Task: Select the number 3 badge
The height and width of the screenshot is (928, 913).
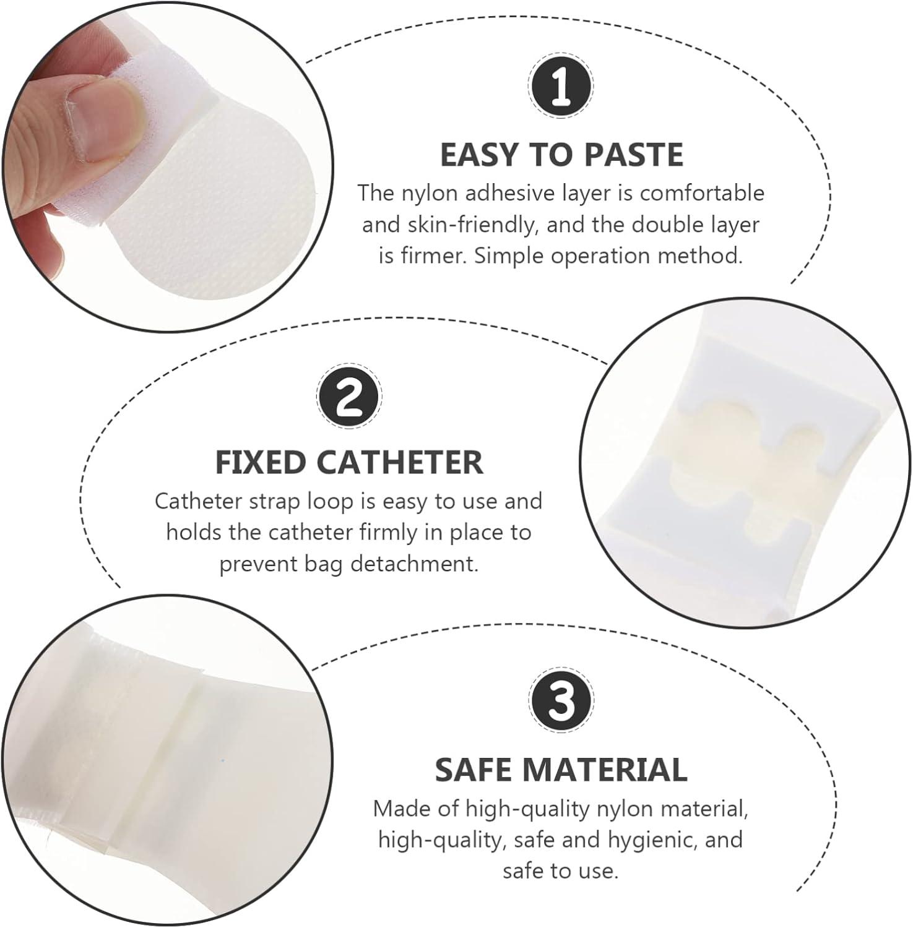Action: tap(561, 701)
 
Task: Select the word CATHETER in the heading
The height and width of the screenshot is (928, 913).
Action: tap(400, 462)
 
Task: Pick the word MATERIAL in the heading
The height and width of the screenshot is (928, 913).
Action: tap(605, 770)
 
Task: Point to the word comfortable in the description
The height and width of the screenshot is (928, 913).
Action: tap(702, 193)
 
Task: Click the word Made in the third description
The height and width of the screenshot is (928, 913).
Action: tap(398, 808)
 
